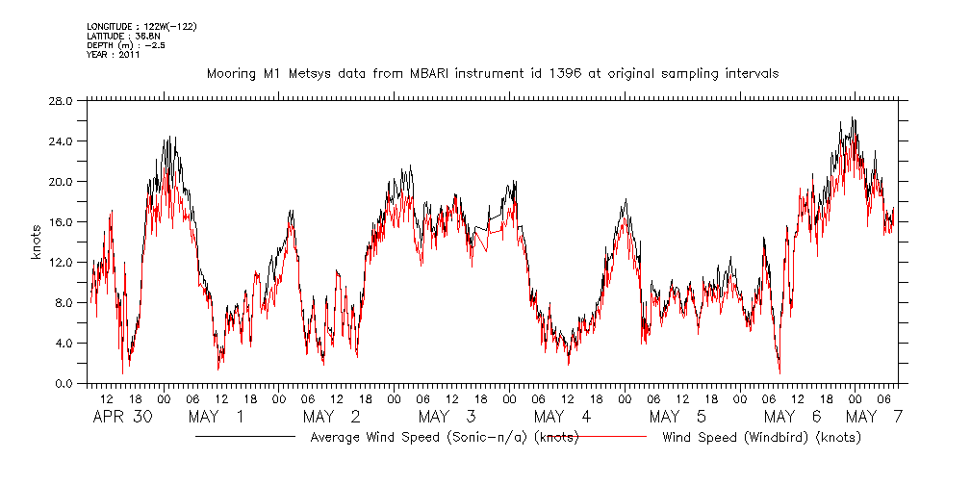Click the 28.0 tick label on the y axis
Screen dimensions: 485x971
tap(61, 100)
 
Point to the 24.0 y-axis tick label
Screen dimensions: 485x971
tap(61, 140)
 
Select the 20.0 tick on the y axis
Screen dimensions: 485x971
tap(61, 181)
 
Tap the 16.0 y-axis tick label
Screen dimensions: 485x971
tap(61, 221)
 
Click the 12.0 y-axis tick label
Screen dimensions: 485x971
tap(61, 262)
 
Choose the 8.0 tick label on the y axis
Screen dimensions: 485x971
tap(64, 302)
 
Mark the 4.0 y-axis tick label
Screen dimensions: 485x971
tap(64, 343)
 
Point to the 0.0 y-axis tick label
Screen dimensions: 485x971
tap(64, 383)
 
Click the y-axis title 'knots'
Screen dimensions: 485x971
tap(38, 242)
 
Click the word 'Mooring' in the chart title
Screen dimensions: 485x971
tap(232, 73)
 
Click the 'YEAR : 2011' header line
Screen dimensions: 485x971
tap(114, 55)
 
